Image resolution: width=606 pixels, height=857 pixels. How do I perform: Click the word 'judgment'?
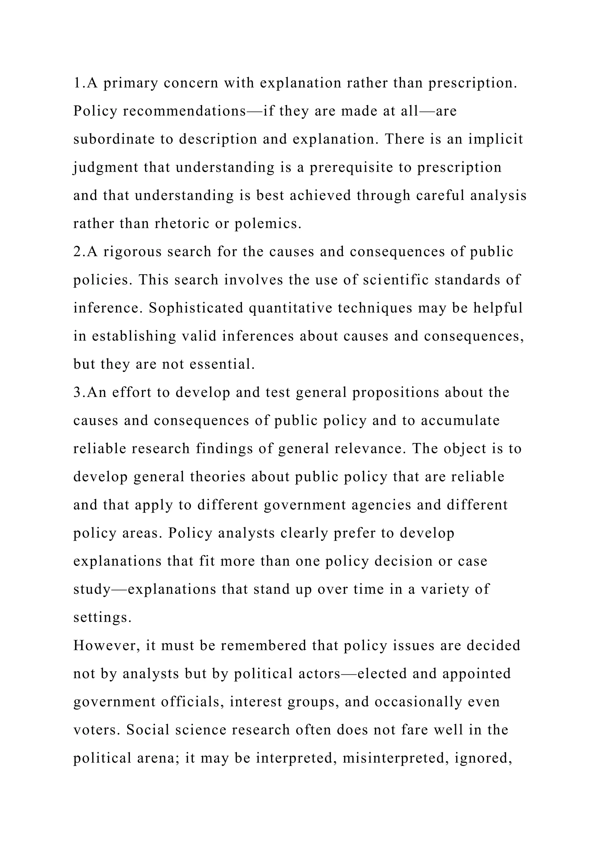(106, 167)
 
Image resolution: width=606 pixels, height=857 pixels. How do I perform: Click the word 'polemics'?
(267, 224)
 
